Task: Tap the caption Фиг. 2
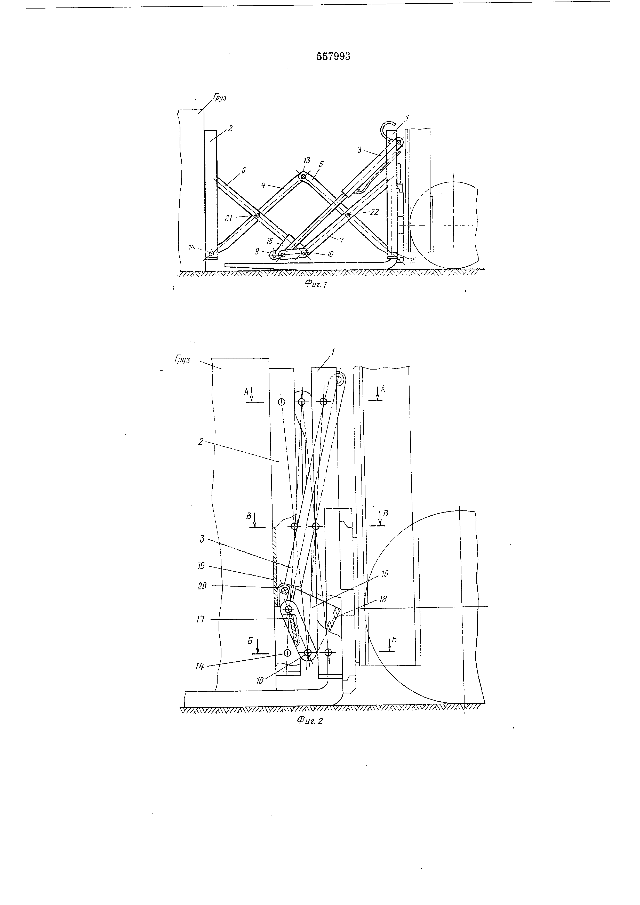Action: tap(309, 721)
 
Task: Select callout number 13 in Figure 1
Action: tap(307, 161)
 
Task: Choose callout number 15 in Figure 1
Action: tap(412, 261)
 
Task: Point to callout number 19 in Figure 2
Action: tap(201, 566)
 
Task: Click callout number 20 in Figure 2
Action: tap(201, 586)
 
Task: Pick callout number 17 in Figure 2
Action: tap(201, 619)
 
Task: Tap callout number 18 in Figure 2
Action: tap(382, 599)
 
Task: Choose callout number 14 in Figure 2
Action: tap(200, 667)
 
